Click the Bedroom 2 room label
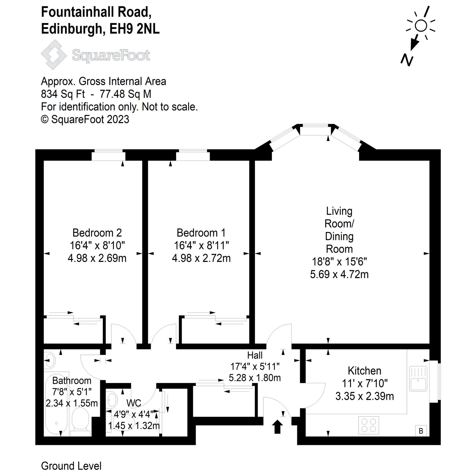point(97,233)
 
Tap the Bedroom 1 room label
point(201,233)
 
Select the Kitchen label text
point(364,371)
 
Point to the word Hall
point(255,355)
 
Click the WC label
point(134,403)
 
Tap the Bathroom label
point(72,381)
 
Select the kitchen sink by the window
point(418,379)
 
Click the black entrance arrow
point(277,427)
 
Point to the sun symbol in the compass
point(421,26)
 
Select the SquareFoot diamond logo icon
point(54,55)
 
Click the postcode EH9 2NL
point(135,29)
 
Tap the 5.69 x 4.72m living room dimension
point(339,274)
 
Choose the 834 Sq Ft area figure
point(63,94)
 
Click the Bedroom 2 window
point(108,155)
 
